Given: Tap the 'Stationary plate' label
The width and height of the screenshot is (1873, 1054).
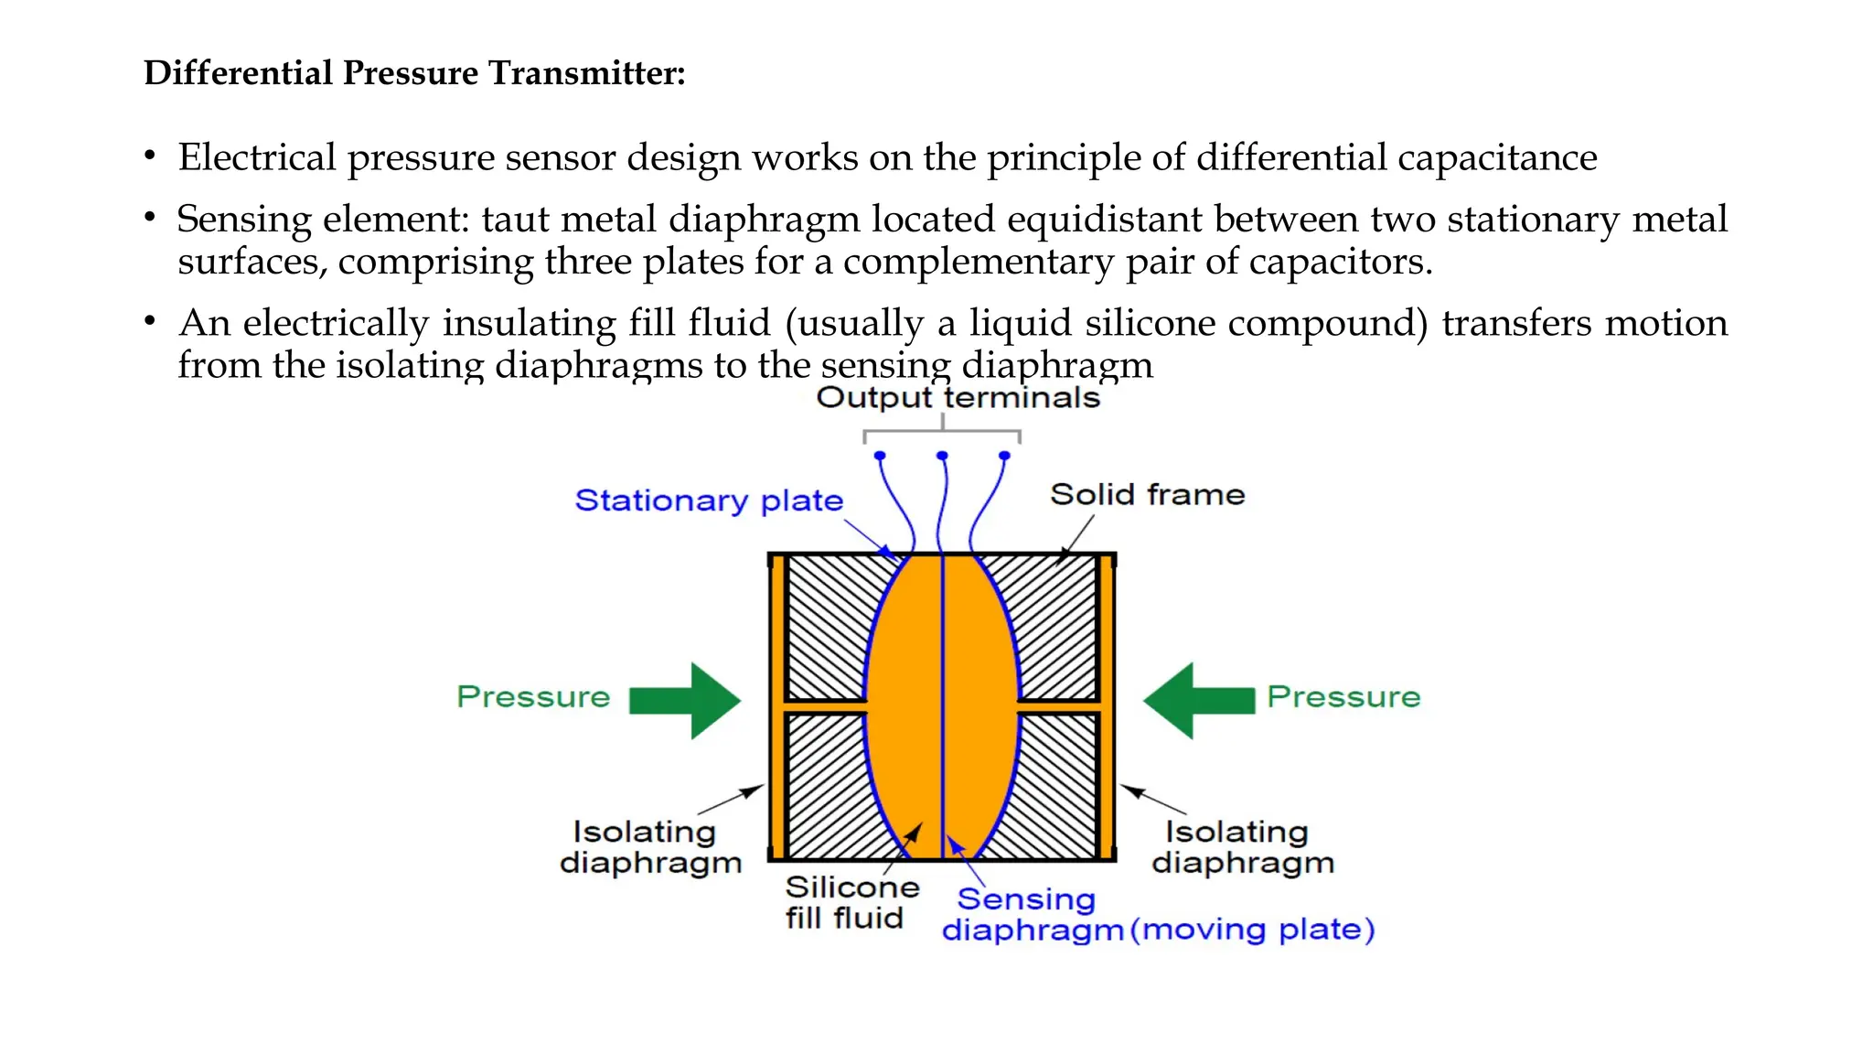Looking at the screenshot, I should pyautogui.click(x=709, y=500).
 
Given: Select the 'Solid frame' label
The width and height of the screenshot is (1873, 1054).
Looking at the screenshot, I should pyautogui.click(x=1147, y=495).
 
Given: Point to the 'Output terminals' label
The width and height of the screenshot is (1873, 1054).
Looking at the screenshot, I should pyautogui.click(x=958, y=398).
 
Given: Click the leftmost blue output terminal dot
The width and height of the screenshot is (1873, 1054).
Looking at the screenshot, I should pyautogui.click(x=880, y=456).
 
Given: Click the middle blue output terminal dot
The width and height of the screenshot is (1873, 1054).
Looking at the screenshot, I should pyautogui.click(x=942, y=456).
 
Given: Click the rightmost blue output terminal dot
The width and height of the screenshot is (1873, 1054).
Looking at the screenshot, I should pyautogui.click(x=1004, y=456).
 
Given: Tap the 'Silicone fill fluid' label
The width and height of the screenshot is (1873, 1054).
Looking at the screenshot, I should pyautogui.click(x=851, y=902).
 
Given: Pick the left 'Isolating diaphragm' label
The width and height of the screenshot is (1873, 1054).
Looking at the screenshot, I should pyautogui.click(x=649, y=847).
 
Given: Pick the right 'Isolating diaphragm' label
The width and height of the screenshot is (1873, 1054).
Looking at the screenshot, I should pyautogui.click(x=1242, y=847).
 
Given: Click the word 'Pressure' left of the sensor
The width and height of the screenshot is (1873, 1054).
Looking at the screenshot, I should pyautogui.click(x=533, y=697).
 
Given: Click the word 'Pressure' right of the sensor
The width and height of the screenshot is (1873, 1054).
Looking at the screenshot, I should pyautogui.click(x=1343, y=697).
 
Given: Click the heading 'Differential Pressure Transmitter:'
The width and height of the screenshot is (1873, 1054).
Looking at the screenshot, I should pyautogui.click(x=414, y=73).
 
